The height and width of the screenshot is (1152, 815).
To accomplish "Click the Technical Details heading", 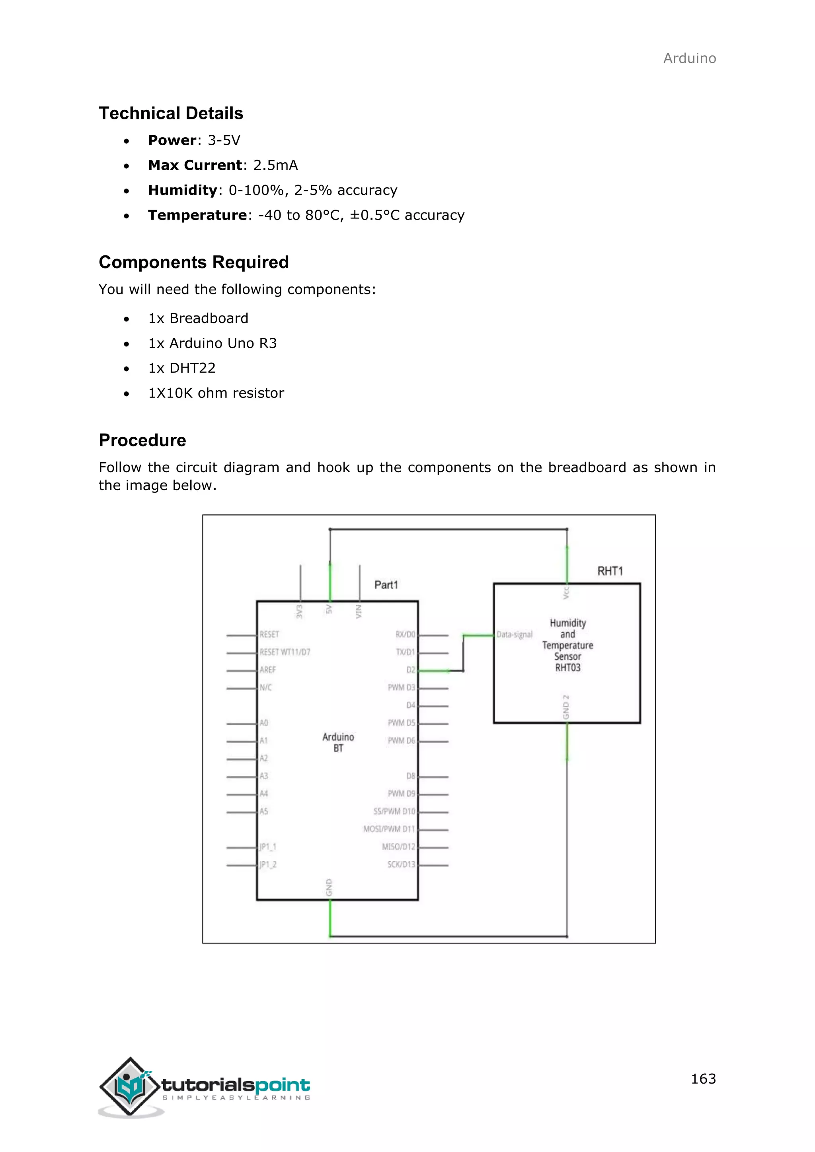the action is click(x=171, y=113).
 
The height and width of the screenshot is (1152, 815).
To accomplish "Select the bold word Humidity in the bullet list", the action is click(x=182, y=190).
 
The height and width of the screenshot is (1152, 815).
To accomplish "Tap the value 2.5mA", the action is click(x=275, y=165).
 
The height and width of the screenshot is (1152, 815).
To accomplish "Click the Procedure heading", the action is click(x=142, y=440).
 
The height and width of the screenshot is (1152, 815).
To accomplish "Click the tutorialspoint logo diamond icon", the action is click(x=130, y=1086).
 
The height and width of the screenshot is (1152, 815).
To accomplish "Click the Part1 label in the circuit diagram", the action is click(x=386, y=585).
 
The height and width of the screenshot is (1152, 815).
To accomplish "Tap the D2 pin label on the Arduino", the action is click(x=411, y=670).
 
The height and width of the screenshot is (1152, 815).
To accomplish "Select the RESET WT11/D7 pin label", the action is click(x=285, y=652).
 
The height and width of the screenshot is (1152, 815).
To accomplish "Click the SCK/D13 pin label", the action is click(x=401, y=864).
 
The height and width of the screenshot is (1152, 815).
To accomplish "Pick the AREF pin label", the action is click(x=267, y=670).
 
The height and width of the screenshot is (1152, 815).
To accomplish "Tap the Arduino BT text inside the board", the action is click(x=338, y=743).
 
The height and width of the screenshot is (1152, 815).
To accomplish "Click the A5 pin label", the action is click(x=263, y=811).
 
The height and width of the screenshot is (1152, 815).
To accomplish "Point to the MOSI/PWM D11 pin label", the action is click(x=389, y=829).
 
